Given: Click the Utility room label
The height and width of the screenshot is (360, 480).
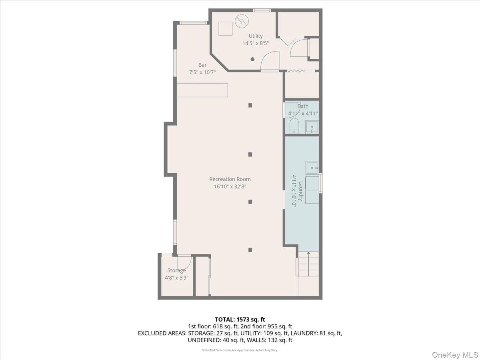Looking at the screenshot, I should click(256, 36).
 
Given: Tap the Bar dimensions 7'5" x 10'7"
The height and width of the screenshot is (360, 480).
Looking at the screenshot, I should click(202, 72).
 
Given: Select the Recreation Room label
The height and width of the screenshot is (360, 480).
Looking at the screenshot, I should click(230, 179).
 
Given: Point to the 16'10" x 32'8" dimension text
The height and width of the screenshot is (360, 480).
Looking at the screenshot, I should click(230, 186).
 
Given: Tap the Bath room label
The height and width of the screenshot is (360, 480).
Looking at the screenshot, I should click(303, 106).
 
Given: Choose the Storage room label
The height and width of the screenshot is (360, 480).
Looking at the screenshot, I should click(176, 270).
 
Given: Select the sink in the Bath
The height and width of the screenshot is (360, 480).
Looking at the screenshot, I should click(312, 127).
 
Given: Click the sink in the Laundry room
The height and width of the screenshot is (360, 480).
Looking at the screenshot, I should click(312, 167).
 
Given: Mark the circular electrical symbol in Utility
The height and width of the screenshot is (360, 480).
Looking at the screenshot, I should click(241, 20).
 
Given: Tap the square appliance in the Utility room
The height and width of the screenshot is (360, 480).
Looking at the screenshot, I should click(226, 28).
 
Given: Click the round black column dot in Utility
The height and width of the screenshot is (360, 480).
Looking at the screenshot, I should click(252, 59).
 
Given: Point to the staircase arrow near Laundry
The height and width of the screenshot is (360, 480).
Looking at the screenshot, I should click(308, 253).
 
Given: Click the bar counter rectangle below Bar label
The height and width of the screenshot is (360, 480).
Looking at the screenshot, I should click(202, 90).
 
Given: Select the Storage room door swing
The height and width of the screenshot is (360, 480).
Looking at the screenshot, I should click(184, 262).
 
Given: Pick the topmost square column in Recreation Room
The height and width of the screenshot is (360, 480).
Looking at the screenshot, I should click(250, 105).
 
